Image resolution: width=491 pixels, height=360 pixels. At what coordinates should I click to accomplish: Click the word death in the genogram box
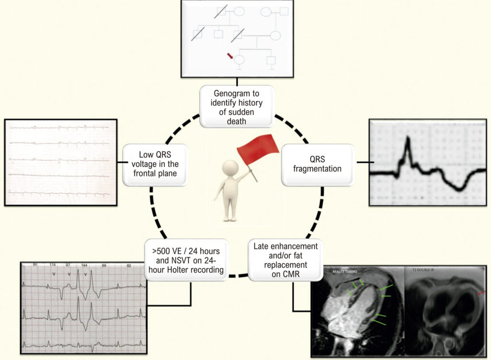coord(230,121)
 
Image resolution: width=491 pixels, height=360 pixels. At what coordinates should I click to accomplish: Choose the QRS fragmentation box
coord(318,165)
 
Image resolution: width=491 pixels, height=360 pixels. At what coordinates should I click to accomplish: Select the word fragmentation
coord(318,169)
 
